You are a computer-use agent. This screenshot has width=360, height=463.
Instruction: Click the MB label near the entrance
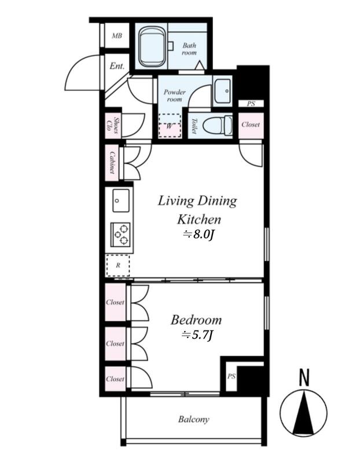pyautogui.click(x=117, y=36)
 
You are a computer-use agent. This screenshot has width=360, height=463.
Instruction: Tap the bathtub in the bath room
pyautogui.click(x=152, y=47)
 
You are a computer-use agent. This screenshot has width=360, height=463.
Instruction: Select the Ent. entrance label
pyautogui.click(x=117, y=65)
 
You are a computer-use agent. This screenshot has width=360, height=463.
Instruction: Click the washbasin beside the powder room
pyautogui.click(x=222, y=91)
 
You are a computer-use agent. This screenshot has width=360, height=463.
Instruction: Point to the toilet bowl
pyautogui.click(x=218, y=126)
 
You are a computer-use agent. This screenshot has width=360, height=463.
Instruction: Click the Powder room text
pyautogui.click(x=175, y=95)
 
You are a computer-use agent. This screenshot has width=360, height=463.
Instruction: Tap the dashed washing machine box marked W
pyautogui.click(x=170, y=126)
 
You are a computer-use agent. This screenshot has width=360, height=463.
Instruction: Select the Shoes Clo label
pyautogui.click(x=113, y=125)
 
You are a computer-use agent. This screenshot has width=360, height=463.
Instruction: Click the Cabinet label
pyautogui.click(x=112, y=162)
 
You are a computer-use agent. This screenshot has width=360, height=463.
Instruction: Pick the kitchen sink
pyautogui.click(x=121, y=201)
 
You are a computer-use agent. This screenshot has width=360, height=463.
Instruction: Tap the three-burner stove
pyautogui.click(x=120, y=234)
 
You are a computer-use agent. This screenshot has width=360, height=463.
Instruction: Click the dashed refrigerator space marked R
pyautogui.click(x=118, y=266)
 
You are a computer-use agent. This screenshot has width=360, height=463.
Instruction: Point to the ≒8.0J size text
pyautogui.click(x=198, y=235)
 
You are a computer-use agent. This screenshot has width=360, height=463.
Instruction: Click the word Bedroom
pyautogui.click(x=196, y=320)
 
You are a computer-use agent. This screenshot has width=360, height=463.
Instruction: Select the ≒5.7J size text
pyautogui.click(x=197, y=335)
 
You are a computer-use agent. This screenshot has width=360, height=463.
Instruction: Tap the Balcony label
pyautogui.click(x=194, y=419)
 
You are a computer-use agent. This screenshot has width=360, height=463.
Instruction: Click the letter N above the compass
pyautogui.click(x=304, y=377)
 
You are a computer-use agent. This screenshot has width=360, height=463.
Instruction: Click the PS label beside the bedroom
pyautogui.click(x=232, y=376)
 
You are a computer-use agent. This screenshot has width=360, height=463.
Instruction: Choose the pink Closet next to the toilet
pyautogui.click(x=251, y=125)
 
